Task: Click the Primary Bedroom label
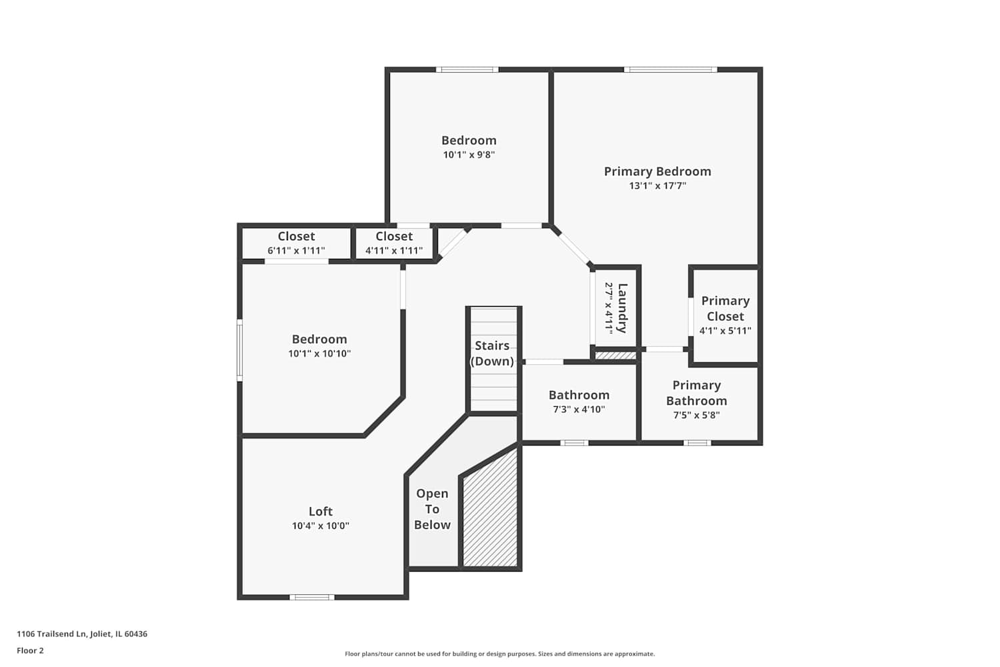point(657,171)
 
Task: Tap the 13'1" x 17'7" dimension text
point(657,186)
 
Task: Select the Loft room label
point(321,511)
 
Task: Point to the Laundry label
point(622,308)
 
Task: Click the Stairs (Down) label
point(492,354)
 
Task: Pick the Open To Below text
point(432,509)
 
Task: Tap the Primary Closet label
point(725,309)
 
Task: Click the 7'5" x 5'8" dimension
point(697,415)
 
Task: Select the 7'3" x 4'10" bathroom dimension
point(579,410)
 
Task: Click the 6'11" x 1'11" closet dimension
point(296,251)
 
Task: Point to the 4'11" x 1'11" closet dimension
point(394,251)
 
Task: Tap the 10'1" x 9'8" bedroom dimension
point(469,155)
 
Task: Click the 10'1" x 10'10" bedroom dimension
point(319,354)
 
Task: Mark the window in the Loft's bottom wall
point(312,598)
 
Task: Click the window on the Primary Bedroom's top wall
point(671,69)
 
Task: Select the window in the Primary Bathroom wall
point(697,443)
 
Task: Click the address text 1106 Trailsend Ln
point(51,634)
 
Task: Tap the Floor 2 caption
point(31,650)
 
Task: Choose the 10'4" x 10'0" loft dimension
point(321,526)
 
